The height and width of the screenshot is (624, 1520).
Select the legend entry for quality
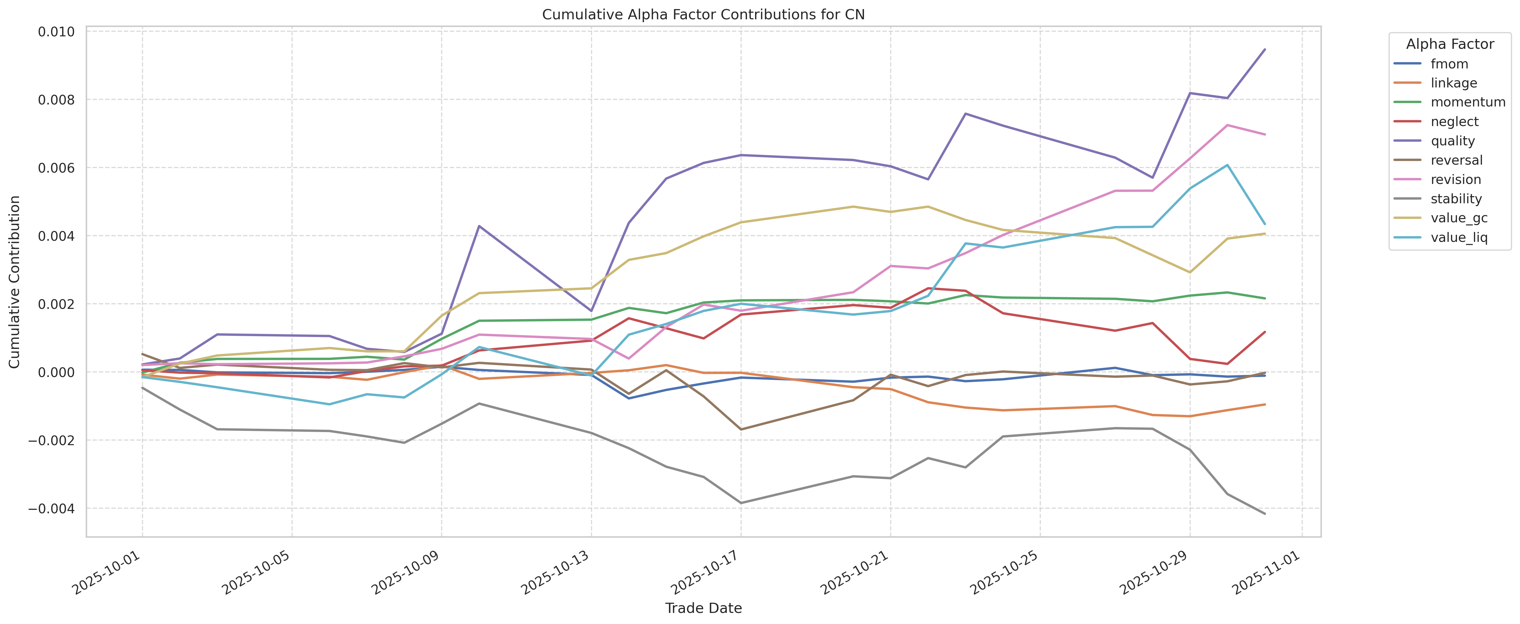pos(1453,141)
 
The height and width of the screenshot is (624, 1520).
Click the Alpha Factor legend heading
pos(1450,44)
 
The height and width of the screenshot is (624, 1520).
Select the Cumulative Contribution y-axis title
pos(15,282)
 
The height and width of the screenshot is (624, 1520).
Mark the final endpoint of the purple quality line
pos(1265,50)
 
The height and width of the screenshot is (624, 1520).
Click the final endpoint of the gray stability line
pos(1265,514)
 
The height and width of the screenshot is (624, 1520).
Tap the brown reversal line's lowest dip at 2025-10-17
pos(741,429)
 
